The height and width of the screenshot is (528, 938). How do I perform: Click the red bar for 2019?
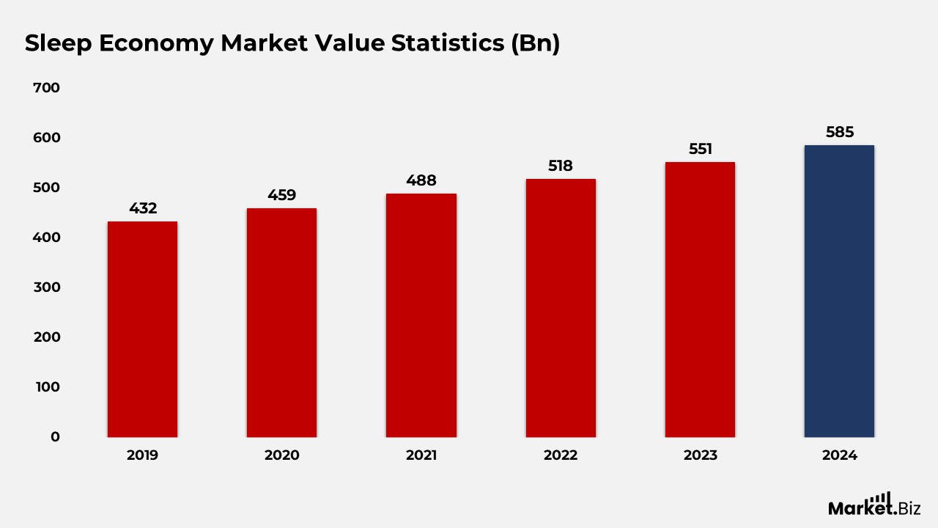pyautogui.click(x=142, y=329)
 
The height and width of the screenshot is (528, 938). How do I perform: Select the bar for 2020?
pyautogui.click(x=282, y=323)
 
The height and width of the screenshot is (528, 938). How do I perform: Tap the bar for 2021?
pyautogui.click(x=421, y=315)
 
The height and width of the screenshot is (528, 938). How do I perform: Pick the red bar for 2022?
pyautogui.click(x=561, y=308)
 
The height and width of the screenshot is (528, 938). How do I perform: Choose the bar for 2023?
pyautogui.click(x=700, y=300)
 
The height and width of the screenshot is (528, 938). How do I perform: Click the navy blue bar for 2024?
pyautogui.click(x=839, y=291)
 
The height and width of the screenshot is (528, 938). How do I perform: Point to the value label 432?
pyautogui.click(x=143, y=208)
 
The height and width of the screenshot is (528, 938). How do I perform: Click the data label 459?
pyautogui.click(x=282, y=195)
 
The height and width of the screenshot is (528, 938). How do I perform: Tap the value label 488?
pyautogui.click(x=421, y=180)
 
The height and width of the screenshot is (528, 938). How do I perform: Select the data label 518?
pyautogui.click(x=561, y=166)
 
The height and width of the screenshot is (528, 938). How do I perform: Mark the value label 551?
pyautogui.click(x=700, y=149)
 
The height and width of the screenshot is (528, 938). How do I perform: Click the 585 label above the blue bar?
pyautogui.click(x=840, y=132)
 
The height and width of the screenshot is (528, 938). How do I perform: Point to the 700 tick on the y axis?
pyautogui.click(x=46, y=87)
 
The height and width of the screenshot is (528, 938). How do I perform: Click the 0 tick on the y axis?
pyautogui.click(x=55, y=436)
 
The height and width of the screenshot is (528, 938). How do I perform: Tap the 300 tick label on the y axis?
pyautogui.click(x=47, y=287)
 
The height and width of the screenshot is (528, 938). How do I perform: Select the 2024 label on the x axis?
pyautogui.click(x=840, y=455)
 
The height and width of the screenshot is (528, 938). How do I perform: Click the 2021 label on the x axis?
pyautogui.click(x=421, y=455)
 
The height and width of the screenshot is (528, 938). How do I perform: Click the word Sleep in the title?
pyautogui.click(x=58, y=43)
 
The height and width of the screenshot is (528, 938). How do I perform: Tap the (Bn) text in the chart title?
pyautogui.click(x=535, y=43)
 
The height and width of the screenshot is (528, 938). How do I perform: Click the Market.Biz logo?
pyautogui.click(x=874, y=505)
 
